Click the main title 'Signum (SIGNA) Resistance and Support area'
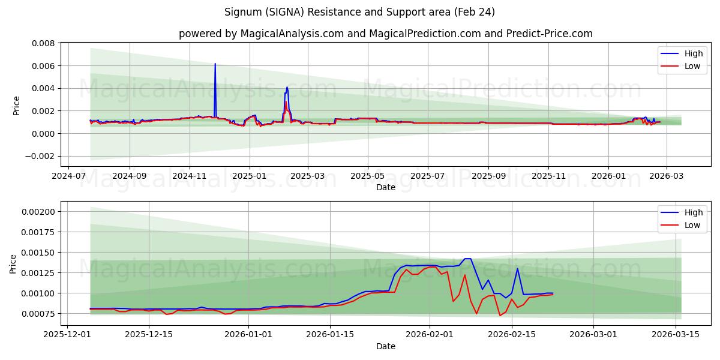[x=359, y=12]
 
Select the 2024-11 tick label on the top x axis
[x=190, y=176]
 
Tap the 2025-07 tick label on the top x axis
[x=427, y=176]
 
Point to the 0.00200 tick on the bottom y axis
[x=39, y=212]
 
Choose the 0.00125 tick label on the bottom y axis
[x=39, y=273]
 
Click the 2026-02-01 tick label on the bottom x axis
[x=430, y=334]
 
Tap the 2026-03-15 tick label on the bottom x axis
[x=676, y=334]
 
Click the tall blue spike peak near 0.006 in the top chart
[x=215, y=64]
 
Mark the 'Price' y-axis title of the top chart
[x=16, y=106]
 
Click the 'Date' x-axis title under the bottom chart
[x=385, y=346]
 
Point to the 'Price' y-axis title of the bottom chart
[x=13, y=264]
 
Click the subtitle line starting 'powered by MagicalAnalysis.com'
[x=385, y=34]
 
